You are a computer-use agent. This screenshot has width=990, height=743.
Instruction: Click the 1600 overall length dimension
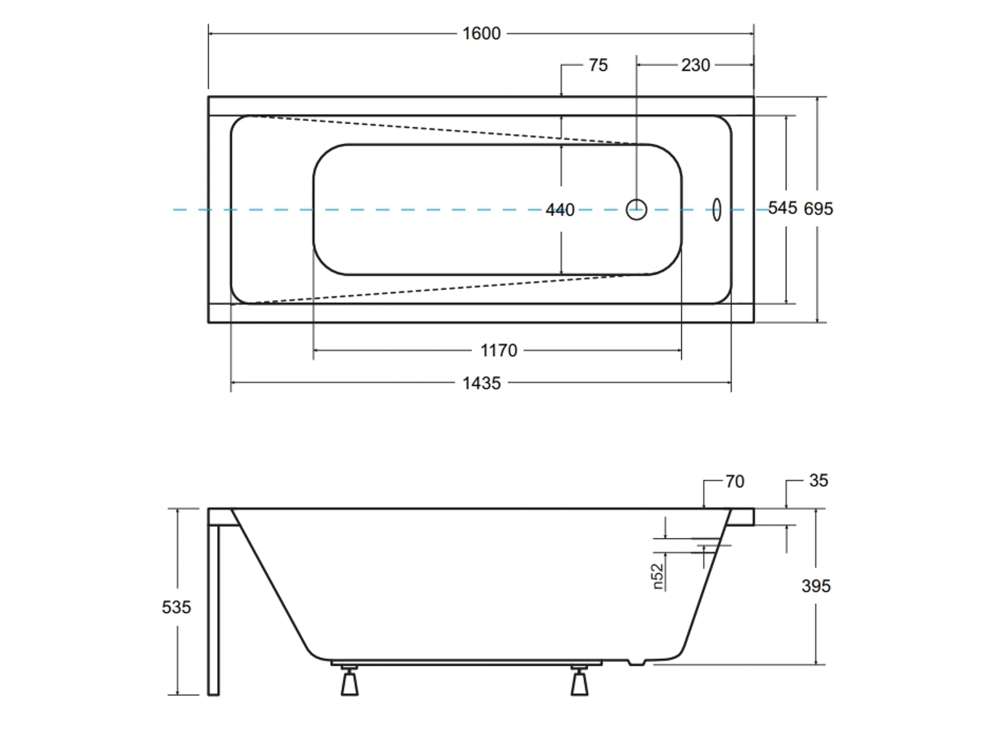click(481, 33)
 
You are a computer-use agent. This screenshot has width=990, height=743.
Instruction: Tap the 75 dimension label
click(598, 65)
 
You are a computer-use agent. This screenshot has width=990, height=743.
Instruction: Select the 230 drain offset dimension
click(695, 65)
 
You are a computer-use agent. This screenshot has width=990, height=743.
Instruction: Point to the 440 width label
click(560, 210)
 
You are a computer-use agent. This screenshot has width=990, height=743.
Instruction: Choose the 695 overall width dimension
click(818, 209)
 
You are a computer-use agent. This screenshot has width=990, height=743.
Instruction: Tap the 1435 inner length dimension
click(481, 383)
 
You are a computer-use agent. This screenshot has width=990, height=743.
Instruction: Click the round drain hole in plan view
click(636, 210)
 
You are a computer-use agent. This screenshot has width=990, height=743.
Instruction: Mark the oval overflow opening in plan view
click(717, 210)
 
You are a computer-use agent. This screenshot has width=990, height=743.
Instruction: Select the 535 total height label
click(176, 607)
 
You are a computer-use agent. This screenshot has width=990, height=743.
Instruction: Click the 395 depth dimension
click(816, 586)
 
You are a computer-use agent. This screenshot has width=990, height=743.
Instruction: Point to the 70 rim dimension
click(734, 481)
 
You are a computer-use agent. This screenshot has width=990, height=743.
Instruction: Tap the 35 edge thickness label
click(818, 480)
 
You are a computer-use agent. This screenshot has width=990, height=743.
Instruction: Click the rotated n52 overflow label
click(658, 576)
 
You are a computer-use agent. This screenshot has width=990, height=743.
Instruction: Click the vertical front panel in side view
click(214, 609)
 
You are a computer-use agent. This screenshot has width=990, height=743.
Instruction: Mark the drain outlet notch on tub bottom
click(636, 663)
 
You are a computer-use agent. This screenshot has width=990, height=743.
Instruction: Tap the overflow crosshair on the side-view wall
click(704, 546)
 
